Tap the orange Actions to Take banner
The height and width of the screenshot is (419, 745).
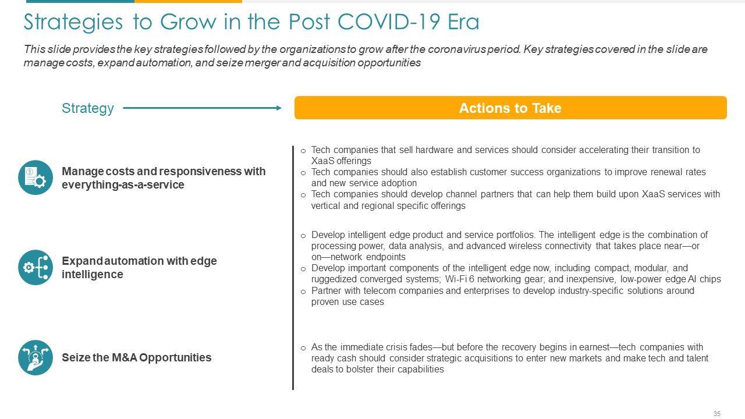tap(510, 108)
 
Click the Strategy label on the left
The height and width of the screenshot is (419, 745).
tap(88, 108)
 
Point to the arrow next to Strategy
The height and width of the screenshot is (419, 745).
tap(203, 108)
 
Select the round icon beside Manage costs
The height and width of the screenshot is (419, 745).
tap(36, 177)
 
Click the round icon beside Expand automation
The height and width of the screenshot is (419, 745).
tap(36, 268)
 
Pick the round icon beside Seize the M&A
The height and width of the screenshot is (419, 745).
tap(36, 357)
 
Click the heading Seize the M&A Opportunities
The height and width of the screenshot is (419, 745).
tap(137, 357)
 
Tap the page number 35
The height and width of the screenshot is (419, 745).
tap(717, 414)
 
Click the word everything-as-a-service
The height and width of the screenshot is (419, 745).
tap(123, 185)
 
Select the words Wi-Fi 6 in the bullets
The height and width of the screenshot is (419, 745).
tap(459, 279)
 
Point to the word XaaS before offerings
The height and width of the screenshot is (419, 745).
tap(322, 161)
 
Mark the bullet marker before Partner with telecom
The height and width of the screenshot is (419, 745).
tap(303, 292)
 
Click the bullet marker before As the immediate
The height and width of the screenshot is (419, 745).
tap(303, 348)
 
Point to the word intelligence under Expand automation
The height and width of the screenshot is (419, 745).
tap(93, 275)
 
